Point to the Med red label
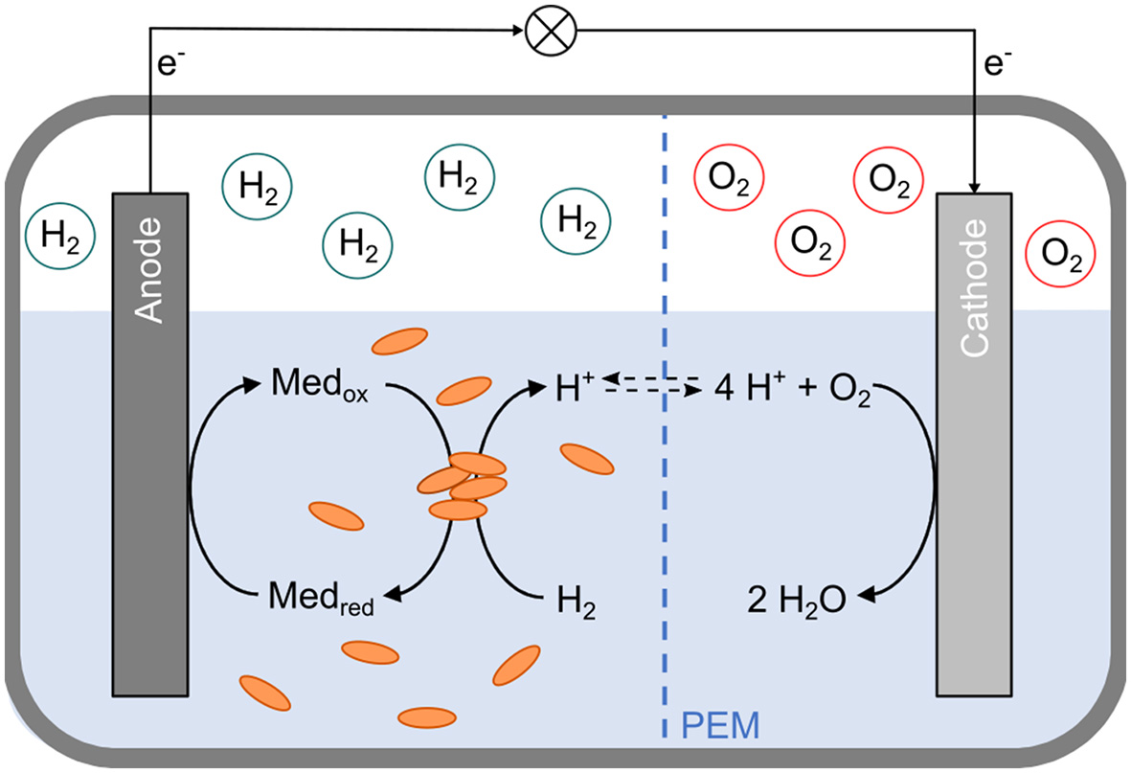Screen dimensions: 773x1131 (x=322, y=601)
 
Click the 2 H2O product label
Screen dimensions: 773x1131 (x=797, y=601)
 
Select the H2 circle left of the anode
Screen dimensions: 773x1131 (x=61, y=236)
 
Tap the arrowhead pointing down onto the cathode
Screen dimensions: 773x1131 (x=974, y=184)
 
